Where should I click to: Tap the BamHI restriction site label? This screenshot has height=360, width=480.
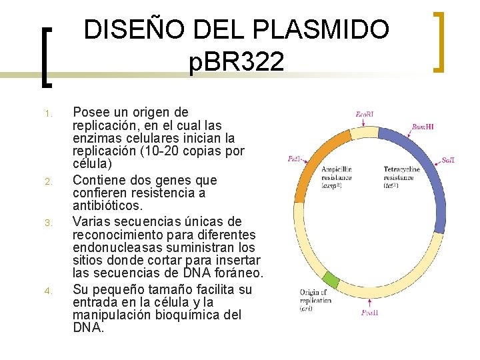coord(423,127)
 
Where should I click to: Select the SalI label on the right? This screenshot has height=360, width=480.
coord(448,161)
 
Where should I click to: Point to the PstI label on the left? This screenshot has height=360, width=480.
coord(294,159)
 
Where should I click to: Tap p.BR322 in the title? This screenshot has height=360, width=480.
coord(237,63)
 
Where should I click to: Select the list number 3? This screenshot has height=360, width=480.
coord(49,222)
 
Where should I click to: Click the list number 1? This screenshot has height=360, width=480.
coord(49,113)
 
